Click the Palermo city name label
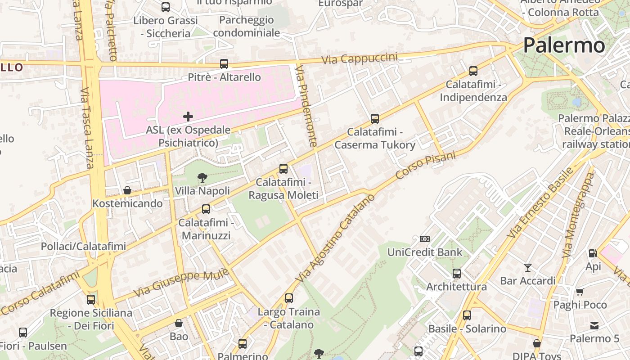tap(564, 45)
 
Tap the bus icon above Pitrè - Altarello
tap(224, 64)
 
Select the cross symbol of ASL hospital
tap(188, 117)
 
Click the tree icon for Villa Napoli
tap(202, 178)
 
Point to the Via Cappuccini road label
tap(360, 58)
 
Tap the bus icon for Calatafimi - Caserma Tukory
tap(375, 119)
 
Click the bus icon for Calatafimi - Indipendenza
tap(473, 71)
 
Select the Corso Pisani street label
tap(426, 165)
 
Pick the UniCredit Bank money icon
tap(425, 239)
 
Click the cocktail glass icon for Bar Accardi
tap(528, 268)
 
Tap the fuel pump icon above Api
tap(593, 253)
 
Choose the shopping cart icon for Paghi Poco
tap(580, 292)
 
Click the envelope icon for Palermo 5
tap(594, 326)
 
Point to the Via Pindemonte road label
tap(307, 106)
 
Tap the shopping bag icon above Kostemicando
tap(127, 190)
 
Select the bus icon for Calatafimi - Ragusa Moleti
tap(283, 169)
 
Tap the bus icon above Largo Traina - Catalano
tap(289, 298)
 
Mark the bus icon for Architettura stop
tap(457, 274)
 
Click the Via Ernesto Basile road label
tap(540, 203)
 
